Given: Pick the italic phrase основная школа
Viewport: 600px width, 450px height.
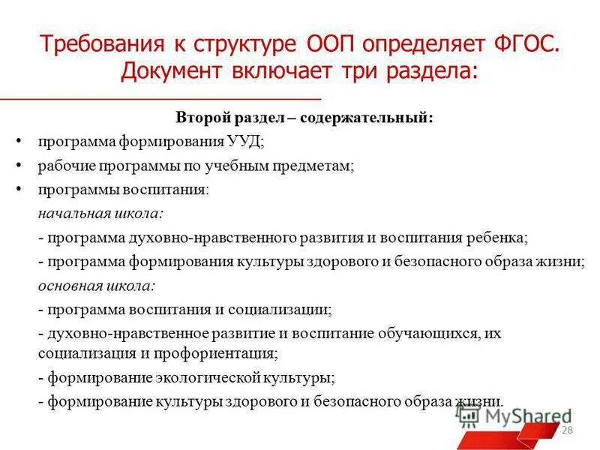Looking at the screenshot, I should coord(97,286).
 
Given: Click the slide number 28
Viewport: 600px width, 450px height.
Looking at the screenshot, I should coord(567,429).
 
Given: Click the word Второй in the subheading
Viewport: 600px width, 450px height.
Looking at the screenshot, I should coord(199,118).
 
